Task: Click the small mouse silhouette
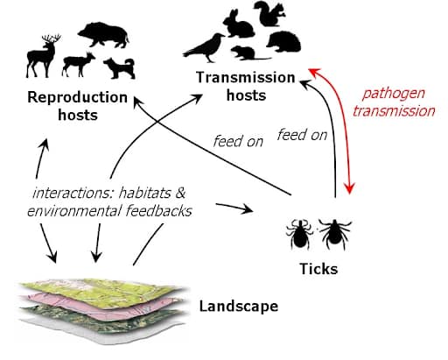247,53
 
